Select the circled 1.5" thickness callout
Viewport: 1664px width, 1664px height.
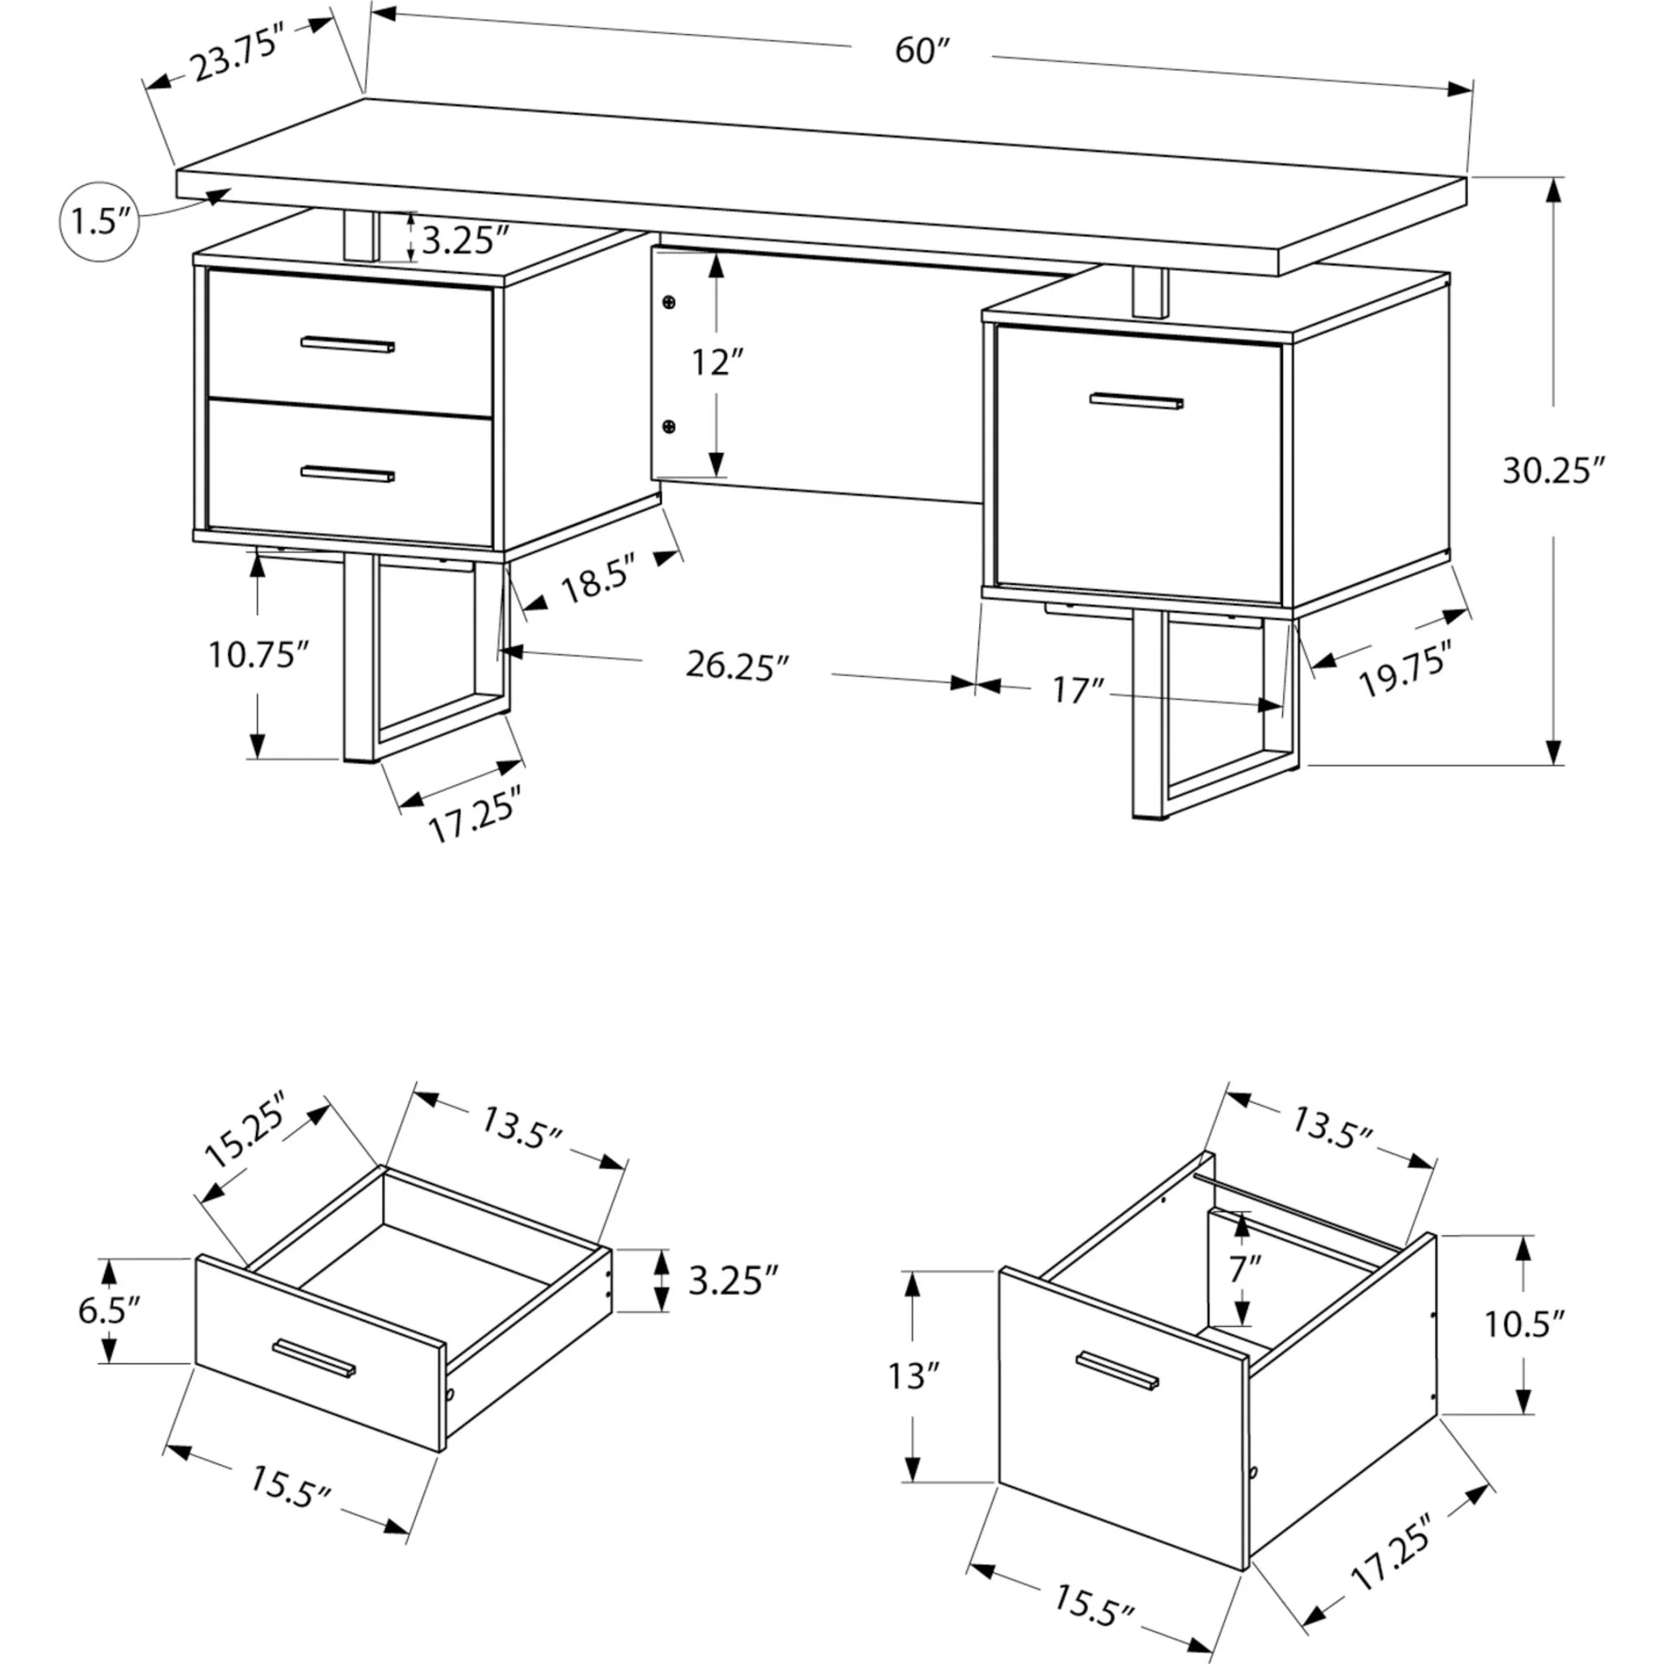99,222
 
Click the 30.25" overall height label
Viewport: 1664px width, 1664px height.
1553,471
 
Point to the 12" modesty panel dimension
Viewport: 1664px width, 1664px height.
717,362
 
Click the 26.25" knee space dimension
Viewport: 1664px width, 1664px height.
737,665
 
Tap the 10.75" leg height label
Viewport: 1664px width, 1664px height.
258,655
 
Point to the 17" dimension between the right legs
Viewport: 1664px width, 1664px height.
1077,690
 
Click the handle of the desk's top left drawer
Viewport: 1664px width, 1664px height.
348,344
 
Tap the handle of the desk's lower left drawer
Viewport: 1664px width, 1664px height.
348,474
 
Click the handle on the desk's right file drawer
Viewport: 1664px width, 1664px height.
1136,401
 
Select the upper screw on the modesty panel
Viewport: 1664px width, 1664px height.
669,301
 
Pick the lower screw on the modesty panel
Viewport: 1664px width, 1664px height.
669,427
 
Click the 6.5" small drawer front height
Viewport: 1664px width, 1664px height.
109,1310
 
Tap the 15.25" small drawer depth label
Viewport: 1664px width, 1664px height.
244,1128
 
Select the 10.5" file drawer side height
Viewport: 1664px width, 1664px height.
1523,1324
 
